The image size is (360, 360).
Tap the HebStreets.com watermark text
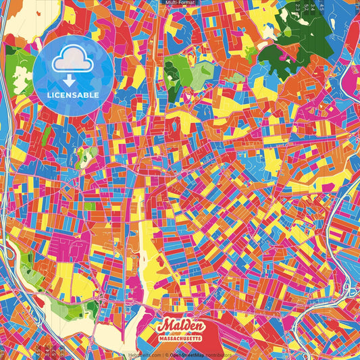pos(145,355)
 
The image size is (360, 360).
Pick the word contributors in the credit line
pos(218,355)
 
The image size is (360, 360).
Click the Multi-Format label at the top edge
pos(180,3)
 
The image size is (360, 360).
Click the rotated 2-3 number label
pos(297,7)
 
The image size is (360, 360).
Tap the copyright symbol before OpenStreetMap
pos(166,355)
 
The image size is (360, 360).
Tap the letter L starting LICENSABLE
pos(49,94)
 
